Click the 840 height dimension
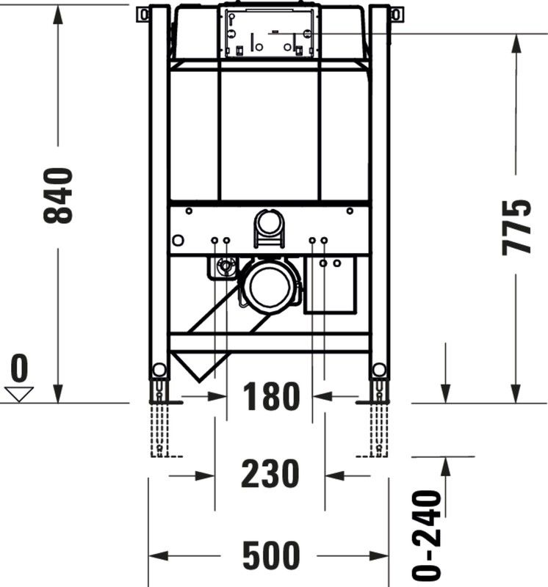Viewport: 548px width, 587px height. pyautogui.click(x=58, y=196)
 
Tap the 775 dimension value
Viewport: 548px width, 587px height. pyautogui.click(x=516, y=227)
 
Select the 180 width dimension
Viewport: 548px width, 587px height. pyautogui.click(x=271, y=396)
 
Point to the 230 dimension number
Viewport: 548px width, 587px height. pyautogui.click(x=270, y=473)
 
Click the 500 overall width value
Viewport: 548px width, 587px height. pyautogui.click(x=271, y=555)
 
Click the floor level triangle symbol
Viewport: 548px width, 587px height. pyautogui.click(x=19, y=395)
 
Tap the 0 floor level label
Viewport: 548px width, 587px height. pyautogui.click(x=20, y=368)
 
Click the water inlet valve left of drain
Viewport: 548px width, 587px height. pyautogui.click(x=226, y=266)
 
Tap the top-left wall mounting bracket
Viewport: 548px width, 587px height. pyautogui.click(x=143, y=15)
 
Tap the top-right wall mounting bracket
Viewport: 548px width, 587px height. pyautogui.click(x=396, y=15)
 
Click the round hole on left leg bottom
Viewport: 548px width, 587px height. pyautogui.click(x=159, y=370)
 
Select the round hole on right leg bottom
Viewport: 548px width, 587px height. pyautogui.click(x=379, y=370)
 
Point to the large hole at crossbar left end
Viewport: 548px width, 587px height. pyautogui.click(x=179, y=240)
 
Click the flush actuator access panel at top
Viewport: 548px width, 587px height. pyautogui.click(x=269, y=34)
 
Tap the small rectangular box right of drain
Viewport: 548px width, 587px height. pyautogui.click(x=330, y=285)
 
